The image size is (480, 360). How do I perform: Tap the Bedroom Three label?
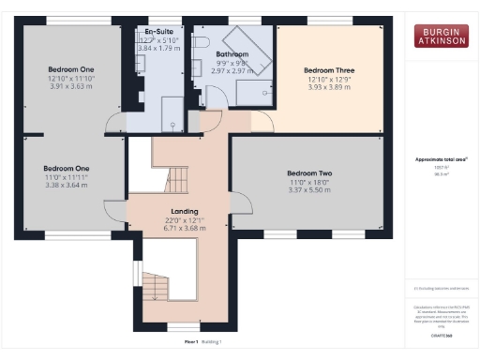coord(328,69)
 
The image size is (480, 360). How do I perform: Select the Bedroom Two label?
coord(310,173)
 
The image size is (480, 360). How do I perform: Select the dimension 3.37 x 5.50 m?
coord(310,189)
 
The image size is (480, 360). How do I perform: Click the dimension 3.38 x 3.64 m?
coord(71,185)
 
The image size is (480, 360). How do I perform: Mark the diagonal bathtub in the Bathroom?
coord(258,59)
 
